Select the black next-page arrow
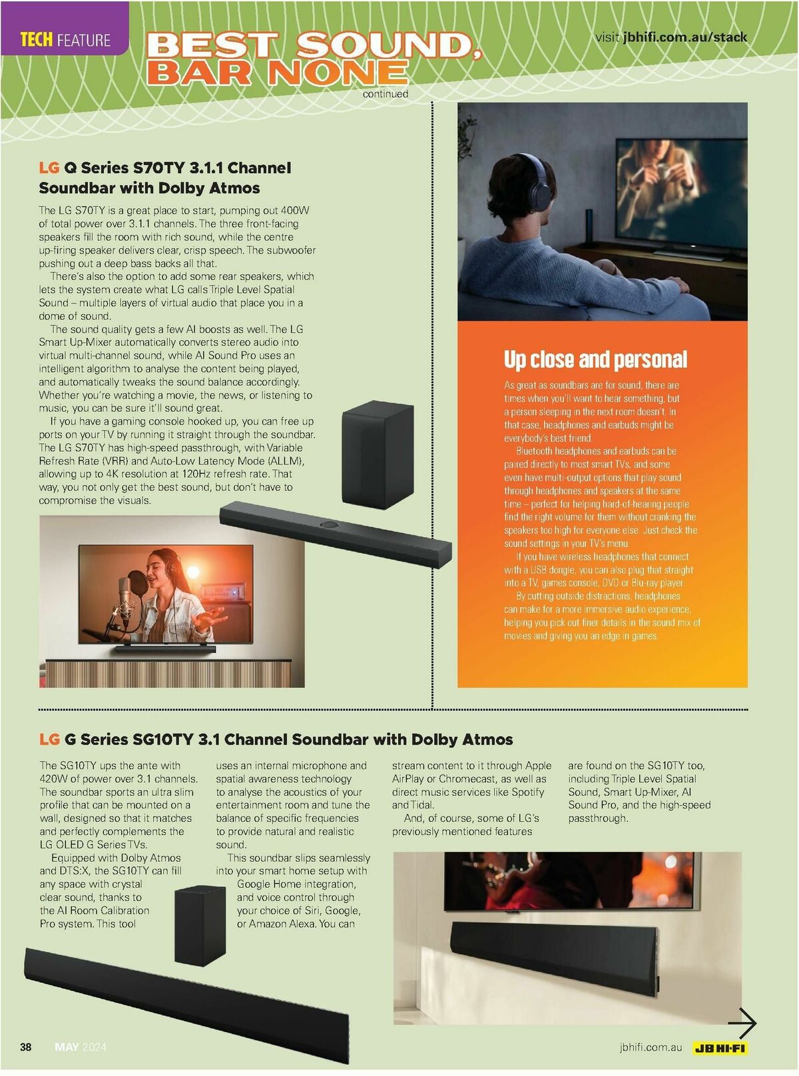[x=742, y=1023]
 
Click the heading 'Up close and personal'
[x=595, y=359]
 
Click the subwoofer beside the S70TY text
[x=378, y=454]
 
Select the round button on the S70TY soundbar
[x=330, y=525]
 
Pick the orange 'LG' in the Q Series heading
[x=49, y=168]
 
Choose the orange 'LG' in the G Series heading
[x=49, y=739]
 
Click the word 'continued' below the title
[x=386, y=94]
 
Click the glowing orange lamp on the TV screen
[x=193, y=572]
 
